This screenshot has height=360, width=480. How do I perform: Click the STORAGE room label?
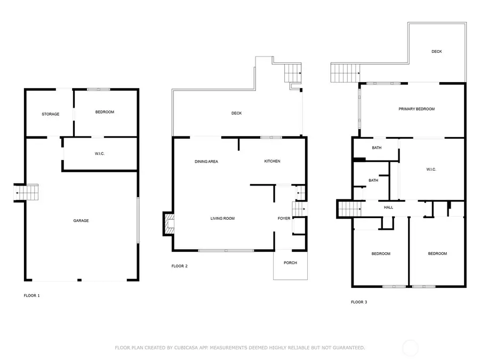(x=51, y=114)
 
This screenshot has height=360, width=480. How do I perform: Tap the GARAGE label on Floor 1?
(x=81, y=221)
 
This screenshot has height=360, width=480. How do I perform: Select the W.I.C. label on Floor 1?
(x=100, y=154)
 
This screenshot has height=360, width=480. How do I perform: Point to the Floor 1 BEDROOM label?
(x=105, y=112)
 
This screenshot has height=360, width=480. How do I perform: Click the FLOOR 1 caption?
(x=31, y=295)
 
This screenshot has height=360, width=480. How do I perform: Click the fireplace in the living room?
(x=169, y=224)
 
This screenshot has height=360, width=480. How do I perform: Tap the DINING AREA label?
(x=206, y=162)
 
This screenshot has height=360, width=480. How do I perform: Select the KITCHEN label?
(x=272, y=161)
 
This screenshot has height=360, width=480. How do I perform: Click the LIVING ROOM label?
(x=222, y=219)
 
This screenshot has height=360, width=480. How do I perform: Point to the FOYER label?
(x=284, y=219)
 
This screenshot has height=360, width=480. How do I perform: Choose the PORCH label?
(x=290, y=263)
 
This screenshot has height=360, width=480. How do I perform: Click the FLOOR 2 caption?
(x=179, y=266)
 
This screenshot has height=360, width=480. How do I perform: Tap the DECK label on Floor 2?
(x=236, y=113)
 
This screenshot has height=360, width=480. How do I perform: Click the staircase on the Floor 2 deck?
(x=293, y=73)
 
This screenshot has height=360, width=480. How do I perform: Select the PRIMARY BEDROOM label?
(x=417, y=109)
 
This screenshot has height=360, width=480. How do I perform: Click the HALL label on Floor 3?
(x=388, y=207)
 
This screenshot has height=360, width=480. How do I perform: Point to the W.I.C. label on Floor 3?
(x=431, y=170)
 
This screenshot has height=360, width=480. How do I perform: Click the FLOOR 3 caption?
(x=359, y=302)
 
